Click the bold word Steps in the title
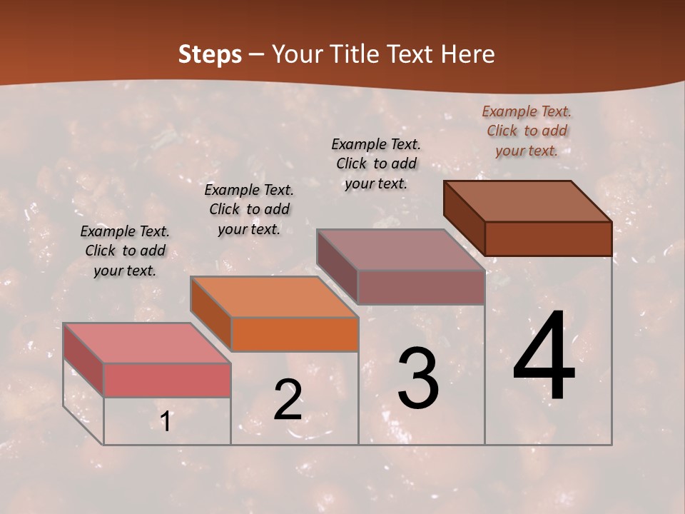[210, 54]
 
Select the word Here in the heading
[467, 54]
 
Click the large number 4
[544, 357]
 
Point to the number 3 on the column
[418, 378]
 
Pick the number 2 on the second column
[288, 401]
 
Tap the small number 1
[166, 422]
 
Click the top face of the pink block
[147, 343]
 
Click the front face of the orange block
[295, 334]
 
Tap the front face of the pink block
[167, 380]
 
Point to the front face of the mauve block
[421, 287]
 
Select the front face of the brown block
[548, 238]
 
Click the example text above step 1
[125, 251]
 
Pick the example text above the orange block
[249, 209]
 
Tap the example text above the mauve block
[376, 163]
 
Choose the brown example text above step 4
[527, 131]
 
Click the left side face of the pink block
[83, 359]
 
